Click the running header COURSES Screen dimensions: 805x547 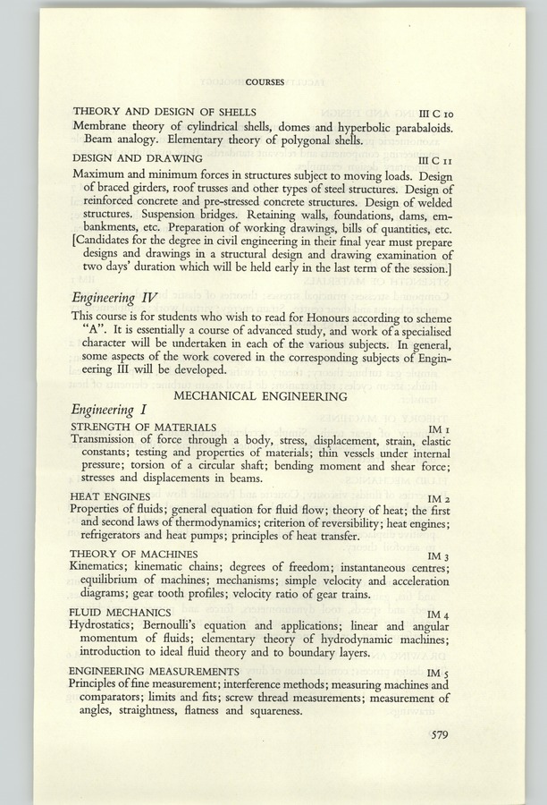pos(265,82)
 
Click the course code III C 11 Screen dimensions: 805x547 pos(435,158)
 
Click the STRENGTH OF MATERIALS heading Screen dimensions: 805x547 pos(143,427)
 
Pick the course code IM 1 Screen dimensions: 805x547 pos(440,429)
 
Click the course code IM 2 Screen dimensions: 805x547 pos(440,497)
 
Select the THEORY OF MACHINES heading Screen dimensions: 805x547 pos(134,554)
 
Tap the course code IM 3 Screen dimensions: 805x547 pos(440,556)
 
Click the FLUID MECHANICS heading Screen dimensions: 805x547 pos(121,612)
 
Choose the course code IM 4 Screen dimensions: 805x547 pos(440,614)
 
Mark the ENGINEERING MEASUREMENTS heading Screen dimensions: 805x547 pos(154,671)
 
